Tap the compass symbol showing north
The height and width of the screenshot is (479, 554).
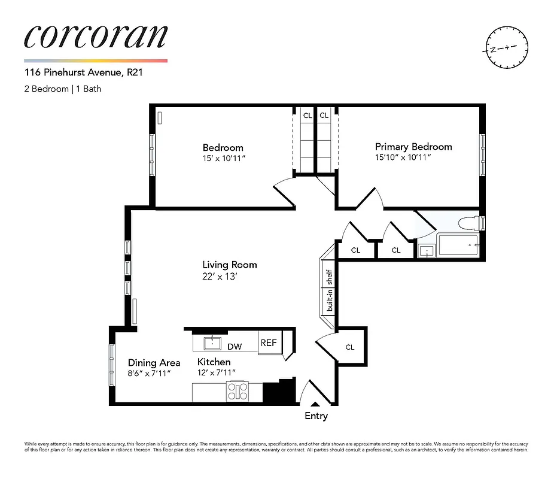[506, 47]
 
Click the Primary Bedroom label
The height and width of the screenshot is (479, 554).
[413, 147]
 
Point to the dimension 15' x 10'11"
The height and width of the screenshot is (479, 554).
[223, 158]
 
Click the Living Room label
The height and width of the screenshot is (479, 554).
[229, 265]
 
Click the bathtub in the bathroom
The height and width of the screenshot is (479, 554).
[458, 246]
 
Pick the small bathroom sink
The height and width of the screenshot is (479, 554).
[427, 251]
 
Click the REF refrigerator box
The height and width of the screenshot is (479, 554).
[268, 343]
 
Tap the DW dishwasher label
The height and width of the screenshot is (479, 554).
[235, 347]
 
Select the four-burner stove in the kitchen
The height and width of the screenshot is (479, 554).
[238, 392]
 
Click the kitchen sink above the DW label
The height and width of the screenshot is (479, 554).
[211, 343]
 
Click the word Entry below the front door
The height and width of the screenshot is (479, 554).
[316, 416]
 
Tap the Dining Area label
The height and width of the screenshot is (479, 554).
[154, 362]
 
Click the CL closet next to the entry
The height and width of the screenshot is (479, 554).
[349, 347]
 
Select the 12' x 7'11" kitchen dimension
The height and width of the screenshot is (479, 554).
[217, 373]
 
